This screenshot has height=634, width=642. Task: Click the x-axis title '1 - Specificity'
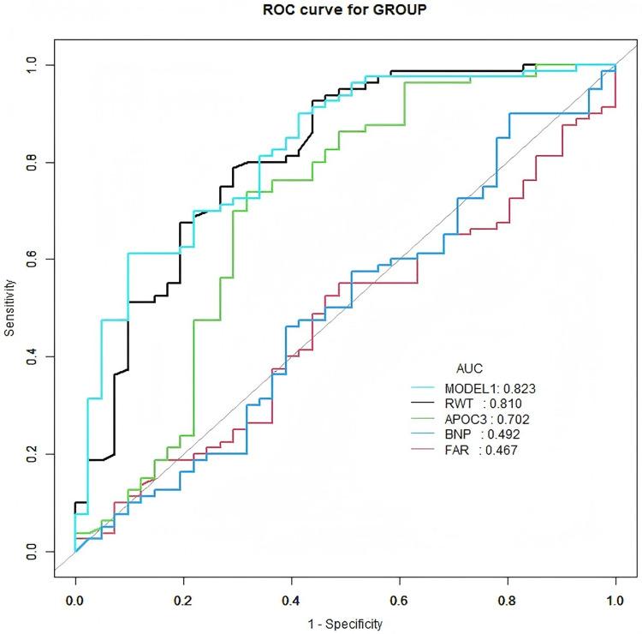coord(345,623)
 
